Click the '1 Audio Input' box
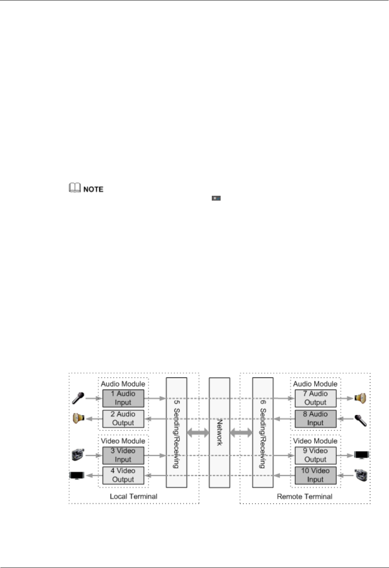click(x=123, y=398)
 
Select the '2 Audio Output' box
click(x=123, y=418)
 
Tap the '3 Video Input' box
click(x=123, y=455)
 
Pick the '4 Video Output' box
click(x=123, y=475)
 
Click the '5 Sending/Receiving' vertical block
click(x=176, y=432)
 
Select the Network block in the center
click(x=219, y=432)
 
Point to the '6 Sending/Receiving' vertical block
click(x=262, y=432)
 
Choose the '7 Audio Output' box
click(x=315, y=398)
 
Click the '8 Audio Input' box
click(x=315, y=418)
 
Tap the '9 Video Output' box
click(x=315, y=455)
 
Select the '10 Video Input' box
click(x=315, y=475)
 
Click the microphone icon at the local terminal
click(x=78, y=398)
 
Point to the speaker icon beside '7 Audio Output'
click(x=360, y=398)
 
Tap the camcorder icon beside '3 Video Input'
click(x=78, y=455)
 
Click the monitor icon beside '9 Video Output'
click(x=361, y=455)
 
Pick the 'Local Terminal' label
click(x=133, y=496)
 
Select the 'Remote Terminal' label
click(x=305, y=496)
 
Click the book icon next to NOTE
click(x=75, y=188)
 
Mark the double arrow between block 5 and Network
click(x=198, y=433)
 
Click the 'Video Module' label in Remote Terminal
click(x=315, y=441)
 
